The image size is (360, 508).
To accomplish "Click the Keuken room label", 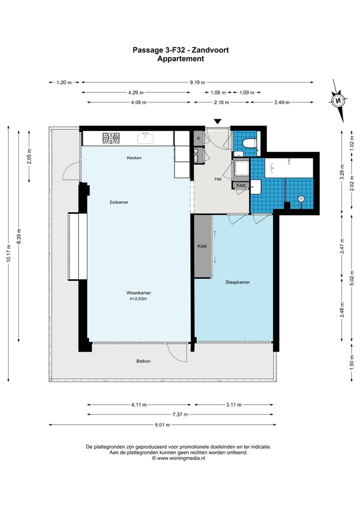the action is tap(134, 158).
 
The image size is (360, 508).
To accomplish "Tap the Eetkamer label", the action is tap(119, 202).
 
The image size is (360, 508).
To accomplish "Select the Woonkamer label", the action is tap(139, 293).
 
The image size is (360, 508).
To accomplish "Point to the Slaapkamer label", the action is tap(237, 282).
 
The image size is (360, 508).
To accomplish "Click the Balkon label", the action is tap(143, 361).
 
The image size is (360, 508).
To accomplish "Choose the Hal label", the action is tap(218, 179).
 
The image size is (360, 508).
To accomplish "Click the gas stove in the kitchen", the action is tap(111, 138).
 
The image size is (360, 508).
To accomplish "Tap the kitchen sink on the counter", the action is tap(146, 138).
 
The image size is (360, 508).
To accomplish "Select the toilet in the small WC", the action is tap(250, 143).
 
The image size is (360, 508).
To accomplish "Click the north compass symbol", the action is tap(338, 100).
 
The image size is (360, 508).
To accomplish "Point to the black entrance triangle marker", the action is tap(217, 121).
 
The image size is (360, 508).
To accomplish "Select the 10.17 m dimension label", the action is tap(9, 253).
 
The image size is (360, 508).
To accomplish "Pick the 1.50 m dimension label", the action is tap(351, 362).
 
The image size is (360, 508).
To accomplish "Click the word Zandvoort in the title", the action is tap(210, 50).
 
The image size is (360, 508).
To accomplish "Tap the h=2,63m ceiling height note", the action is tap(138, 299).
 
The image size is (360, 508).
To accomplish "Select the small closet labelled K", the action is tap(198, 139).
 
